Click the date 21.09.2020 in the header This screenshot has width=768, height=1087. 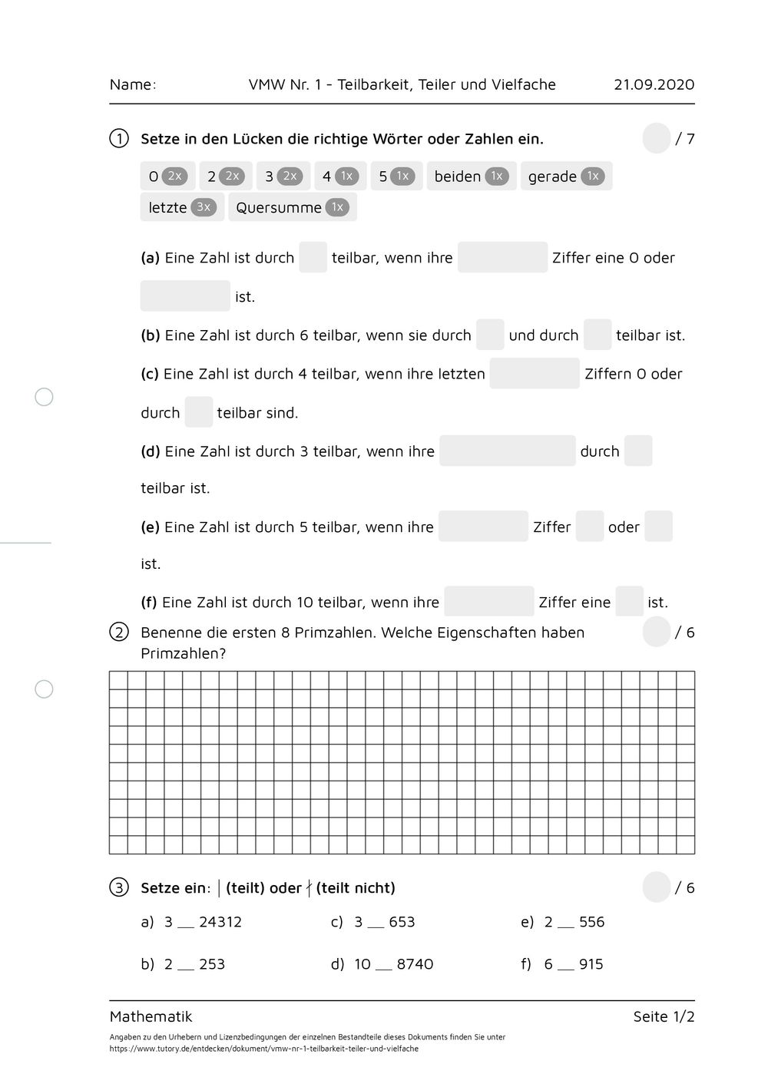(654, 84)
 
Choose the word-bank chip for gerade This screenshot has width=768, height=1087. (566, 176)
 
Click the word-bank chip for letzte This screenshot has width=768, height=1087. (182, 207)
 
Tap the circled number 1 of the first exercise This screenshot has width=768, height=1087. (119, 139)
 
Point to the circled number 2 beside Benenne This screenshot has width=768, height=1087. (119, 633)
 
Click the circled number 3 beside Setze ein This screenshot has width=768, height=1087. (118, 888)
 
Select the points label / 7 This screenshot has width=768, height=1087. (685, 139)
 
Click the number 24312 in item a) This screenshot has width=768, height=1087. (220, 922)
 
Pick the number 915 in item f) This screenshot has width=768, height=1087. (591, 964)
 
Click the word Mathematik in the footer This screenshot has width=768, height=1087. (151, 1016)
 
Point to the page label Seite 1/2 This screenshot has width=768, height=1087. (664, 1016)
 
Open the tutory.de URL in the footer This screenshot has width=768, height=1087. (263, 1049)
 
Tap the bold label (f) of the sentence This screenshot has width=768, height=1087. (149, 603)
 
